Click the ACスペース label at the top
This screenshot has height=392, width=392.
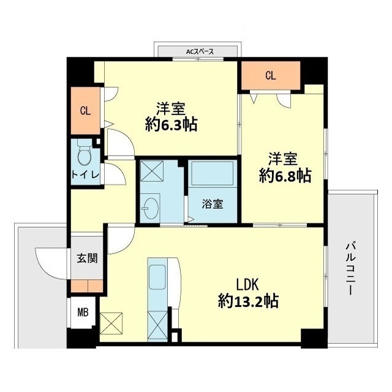[x=200, y=52]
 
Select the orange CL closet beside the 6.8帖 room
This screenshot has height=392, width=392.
[x=270, y=76]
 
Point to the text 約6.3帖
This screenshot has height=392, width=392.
[x=171, y=124]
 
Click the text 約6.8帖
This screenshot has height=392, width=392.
[x=286, y=176]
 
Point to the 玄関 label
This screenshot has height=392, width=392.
[x=85, y=258]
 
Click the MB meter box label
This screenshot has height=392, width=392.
[x=83, y=313]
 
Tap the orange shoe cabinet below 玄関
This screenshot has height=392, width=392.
[x=86, y=286]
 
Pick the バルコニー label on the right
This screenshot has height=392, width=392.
[x=351, y=268]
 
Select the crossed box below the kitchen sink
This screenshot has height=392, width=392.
[x=157, y=322]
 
